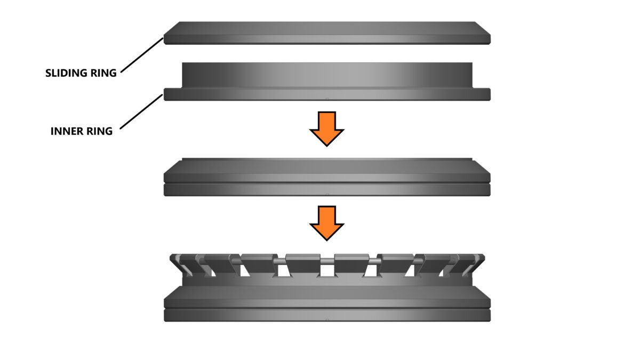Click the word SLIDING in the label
66,73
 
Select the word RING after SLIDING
103,73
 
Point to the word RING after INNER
99,131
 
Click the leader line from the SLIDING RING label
142,55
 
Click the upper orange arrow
327,129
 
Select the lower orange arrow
327,223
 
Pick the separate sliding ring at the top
327,33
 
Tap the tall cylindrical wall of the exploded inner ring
327,75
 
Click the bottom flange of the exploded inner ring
327,94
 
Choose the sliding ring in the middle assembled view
327,171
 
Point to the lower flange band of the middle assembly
327,190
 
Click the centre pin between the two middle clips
327,261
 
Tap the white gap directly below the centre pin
327,270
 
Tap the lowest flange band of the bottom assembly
327,315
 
